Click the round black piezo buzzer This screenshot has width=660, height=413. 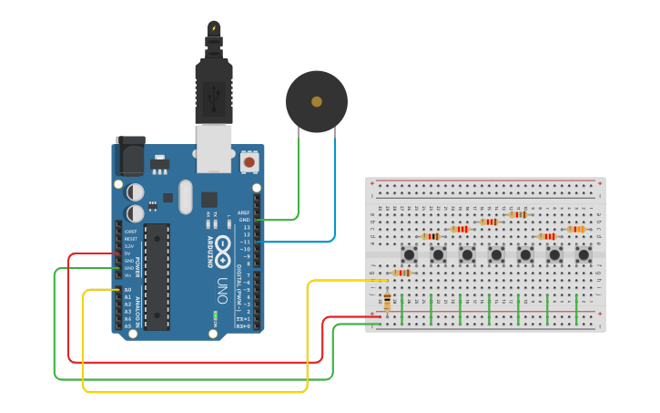point(316,101)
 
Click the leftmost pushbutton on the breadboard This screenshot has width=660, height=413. point(410,254)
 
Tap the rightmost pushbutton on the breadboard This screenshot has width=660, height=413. point(584,254)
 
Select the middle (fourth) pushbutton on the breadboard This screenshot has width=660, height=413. point(496,254)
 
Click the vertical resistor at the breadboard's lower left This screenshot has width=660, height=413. point(388,301)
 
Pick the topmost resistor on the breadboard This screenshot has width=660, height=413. point(518,214)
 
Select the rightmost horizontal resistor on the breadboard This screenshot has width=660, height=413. point(575,229)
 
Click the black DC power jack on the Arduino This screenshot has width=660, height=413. point(130,156)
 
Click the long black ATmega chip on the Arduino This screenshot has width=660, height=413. point(157,275)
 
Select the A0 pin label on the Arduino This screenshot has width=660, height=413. point(128,290)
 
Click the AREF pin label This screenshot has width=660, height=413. point(244,212)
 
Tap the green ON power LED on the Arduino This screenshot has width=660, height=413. point(216,315)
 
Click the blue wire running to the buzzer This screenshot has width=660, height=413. point(334,191)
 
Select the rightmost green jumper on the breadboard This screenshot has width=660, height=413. point(575,309)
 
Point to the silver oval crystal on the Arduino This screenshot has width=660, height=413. point(186,197)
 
